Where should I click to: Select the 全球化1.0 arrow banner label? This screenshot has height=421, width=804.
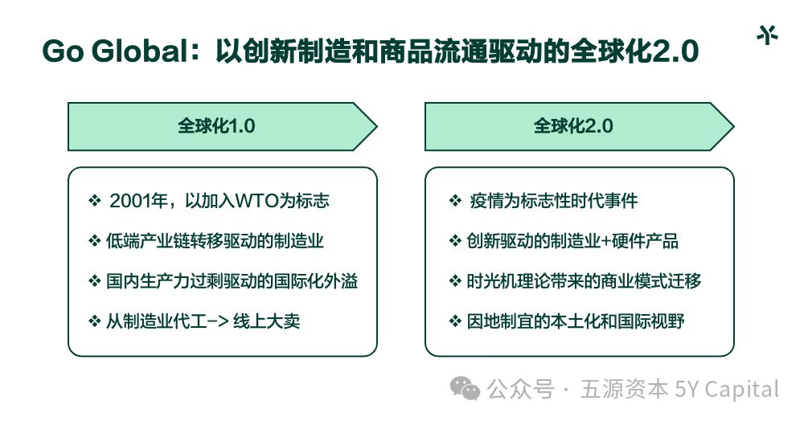tap(216, 126)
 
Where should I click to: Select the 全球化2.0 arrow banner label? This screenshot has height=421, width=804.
tap(573, 126)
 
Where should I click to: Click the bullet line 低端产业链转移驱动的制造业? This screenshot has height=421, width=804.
tap(215, 240)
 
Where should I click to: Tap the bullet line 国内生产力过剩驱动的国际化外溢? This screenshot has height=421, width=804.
tap(232, 281)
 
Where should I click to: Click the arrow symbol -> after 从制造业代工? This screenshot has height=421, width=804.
tap(215, 321)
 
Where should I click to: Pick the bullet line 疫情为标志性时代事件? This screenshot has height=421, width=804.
tap(554, 201)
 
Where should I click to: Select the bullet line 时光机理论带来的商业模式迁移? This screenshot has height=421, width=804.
tap(585, 281)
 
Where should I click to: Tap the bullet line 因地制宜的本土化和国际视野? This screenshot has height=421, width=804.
tap(576, 321)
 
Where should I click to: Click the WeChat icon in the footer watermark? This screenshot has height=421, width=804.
tap(465, 390)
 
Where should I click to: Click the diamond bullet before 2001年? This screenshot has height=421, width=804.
tap(94, 201)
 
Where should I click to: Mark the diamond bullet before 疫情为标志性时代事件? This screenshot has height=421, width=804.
tap(454, 201)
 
